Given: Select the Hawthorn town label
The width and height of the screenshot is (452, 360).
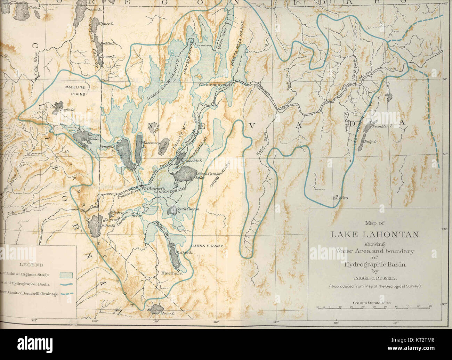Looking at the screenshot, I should click(x=170, y=273).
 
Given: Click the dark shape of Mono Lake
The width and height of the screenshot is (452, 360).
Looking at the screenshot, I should click(x=155, y=309).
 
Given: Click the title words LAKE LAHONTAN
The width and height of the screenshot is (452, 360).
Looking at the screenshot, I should click(x=374, y=234).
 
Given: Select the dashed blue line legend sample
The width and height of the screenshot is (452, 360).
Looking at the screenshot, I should click(x=66, y=293).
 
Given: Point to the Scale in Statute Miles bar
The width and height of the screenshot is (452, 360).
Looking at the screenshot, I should click(x=374, y=307).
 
